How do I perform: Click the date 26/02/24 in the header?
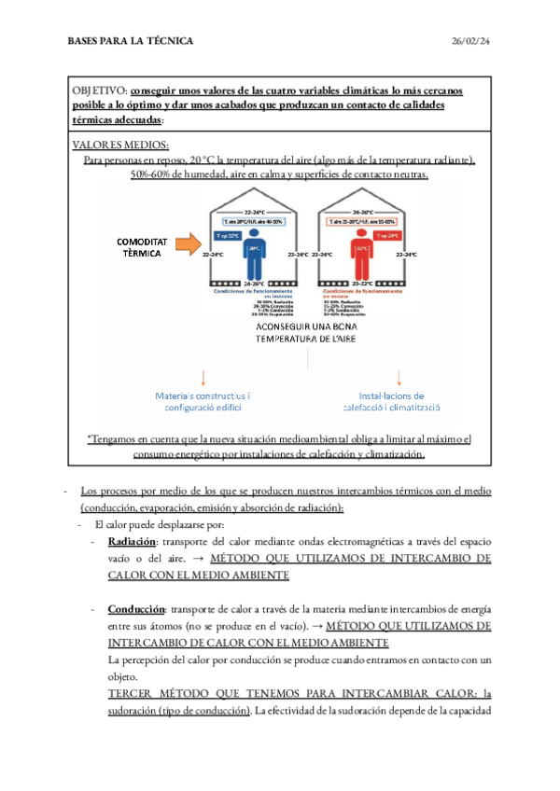point(471,41)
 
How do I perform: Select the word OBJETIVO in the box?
point(100,91)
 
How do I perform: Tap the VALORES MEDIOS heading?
point(120,145)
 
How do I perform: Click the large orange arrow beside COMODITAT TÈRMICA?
point(192,245)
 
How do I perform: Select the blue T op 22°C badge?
point(230,236)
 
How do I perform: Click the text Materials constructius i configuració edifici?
point(202,401)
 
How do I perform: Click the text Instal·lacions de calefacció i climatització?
point(399,401)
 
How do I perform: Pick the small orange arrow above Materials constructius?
point(203,377)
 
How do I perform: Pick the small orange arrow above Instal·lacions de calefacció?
point(399,377)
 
